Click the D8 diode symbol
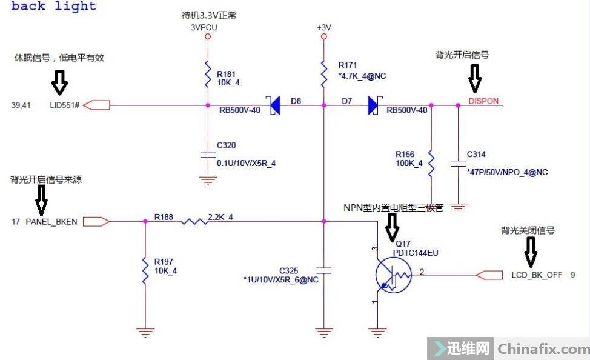pos(274,105)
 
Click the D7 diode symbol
pos(372,105)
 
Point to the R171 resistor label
pos(348,64)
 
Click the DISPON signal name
pos(483,101)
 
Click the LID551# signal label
pos(65,105)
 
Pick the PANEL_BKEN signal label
pos(51,222)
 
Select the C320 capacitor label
pos(226,145)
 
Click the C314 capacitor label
pos(476,155)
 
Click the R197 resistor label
pos(164,262)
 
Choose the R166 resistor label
pos(405,154)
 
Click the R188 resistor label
pos(163,216)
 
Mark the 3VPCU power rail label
pos(204,27)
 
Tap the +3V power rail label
pos(324,28)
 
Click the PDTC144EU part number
pos(416,253)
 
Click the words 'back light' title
pos(54,7)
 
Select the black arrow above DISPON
pos(474,77)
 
